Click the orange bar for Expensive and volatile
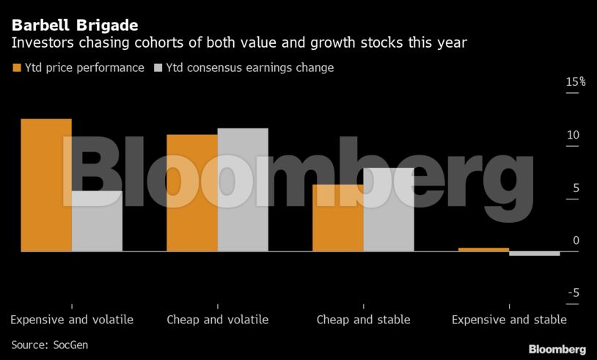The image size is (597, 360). click(46, 185)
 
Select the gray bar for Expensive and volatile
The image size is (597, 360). click(97, 221)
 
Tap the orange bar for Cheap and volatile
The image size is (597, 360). click(192, 193)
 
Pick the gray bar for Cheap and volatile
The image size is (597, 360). click(243, 190)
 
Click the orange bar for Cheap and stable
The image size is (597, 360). click(338, 218)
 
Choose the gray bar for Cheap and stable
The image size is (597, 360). click(389, 210)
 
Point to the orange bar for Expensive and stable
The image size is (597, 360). click(484, 249)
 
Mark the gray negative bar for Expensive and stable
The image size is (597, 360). click(535, 254)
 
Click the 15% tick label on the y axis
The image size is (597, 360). click(575, 82)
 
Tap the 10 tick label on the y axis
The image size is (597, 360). click(573, 135)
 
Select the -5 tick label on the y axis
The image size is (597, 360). click(574, 293)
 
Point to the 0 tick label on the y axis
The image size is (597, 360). click(576, 240)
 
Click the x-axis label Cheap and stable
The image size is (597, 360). click(364, 320)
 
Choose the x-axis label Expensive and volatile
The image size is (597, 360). click(72, 320)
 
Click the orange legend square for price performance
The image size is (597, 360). click(17, 67)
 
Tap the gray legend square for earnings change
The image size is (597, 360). click(158, 67)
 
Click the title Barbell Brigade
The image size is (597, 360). click(75, 26)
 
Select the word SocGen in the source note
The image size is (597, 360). click(70, 345)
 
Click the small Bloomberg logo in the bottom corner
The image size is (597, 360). click(557, 349)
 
